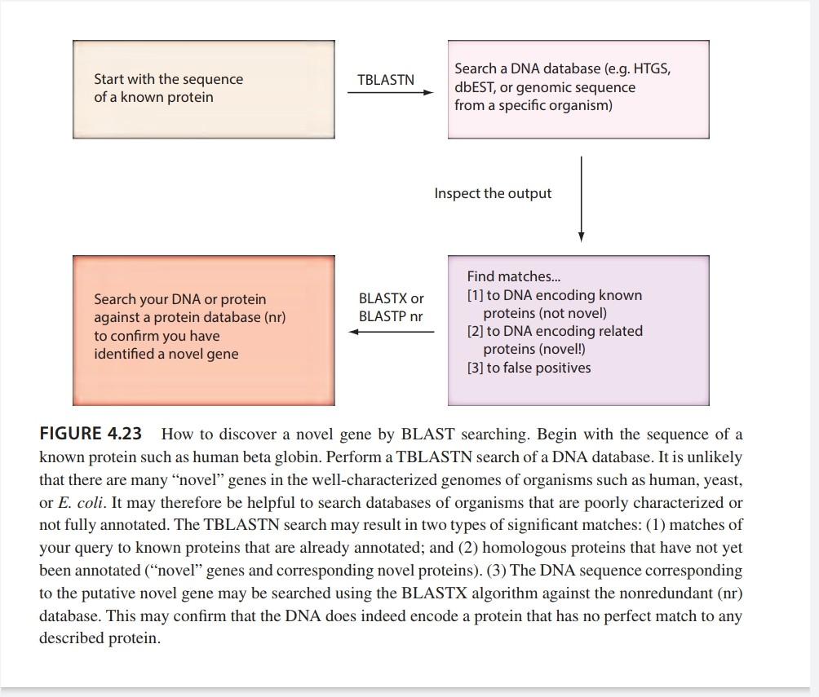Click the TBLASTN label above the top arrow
pyautogui.click(x=386, y=80)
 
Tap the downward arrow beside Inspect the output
pyautogui.click(x=581, y=199)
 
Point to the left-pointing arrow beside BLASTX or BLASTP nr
pyautogui.click(x=392, y=332)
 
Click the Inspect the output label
pyautogui.click(x=493, y=193)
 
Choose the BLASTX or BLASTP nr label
pyautogui.click(x=392, y=307)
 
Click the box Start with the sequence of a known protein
pyautogui.click(x=204, y=89)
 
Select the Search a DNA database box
pyautogui.click(x=578, y=89)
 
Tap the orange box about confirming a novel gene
pyautogui.click(x=204, y=330)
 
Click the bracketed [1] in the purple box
pyautogui.click(x=475, y=295)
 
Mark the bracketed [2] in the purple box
pyautogui.click(x=475, y=331)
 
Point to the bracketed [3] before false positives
pyautogui.click(x=475, y=368)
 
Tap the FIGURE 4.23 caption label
pyautogui.click(x=90, y=435)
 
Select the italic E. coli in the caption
pyautogui.click(x=81, y=502)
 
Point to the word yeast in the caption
pyautogui.click(x=722, y=479)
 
